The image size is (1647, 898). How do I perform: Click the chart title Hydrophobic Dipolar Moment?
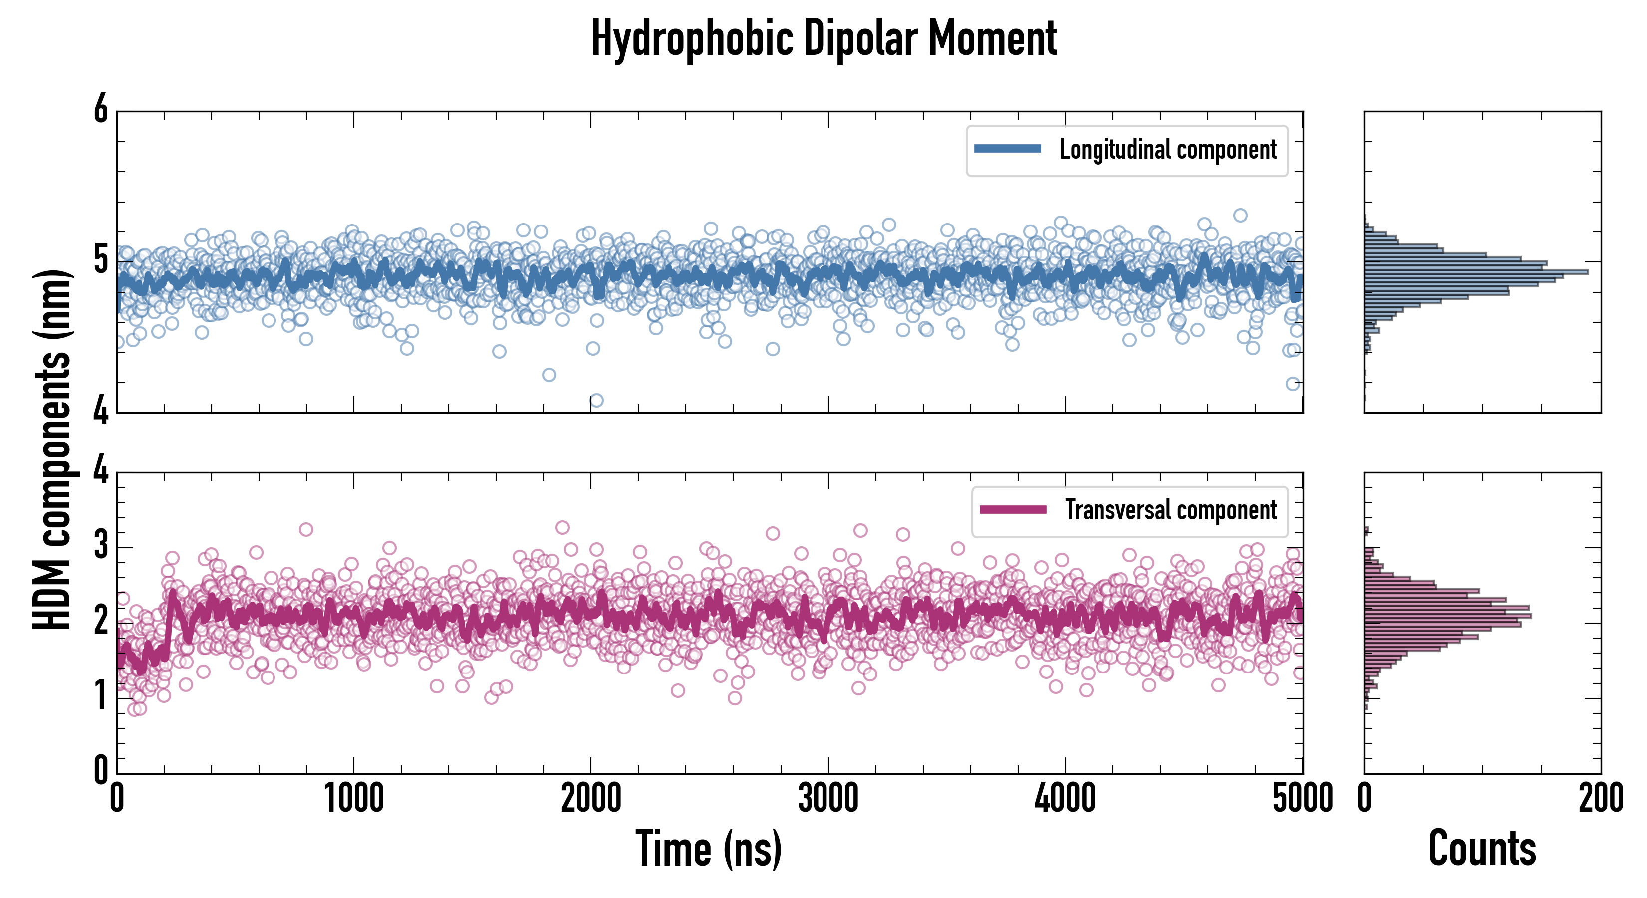(823, 38)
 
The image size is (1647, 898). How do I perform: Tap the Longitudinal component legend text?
(1167, 150)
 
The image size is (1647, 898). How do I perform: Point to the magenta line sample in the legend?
(1013, 509)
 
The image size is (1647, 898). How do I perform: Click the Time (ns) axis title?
(708, 848)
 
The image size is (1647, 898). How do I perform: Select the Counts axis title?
(1482, 848)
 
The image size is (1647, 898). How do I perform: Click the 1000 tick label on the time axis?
(353, 798)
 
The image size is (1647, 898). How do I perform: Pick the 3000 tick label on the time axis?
(828, 798)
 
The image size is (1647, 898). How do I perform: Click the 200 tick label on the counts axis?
(1600, 798)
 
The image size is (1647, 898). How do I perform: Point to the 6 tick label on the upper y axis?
(101, 110)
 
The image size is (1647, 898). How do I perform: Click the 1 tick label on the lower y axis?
(101, 695)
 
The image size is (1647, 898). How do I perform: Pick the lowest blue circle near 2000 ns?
(596, 401)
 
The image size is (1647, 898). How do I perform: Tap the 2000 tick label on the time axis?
(591, 798)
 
